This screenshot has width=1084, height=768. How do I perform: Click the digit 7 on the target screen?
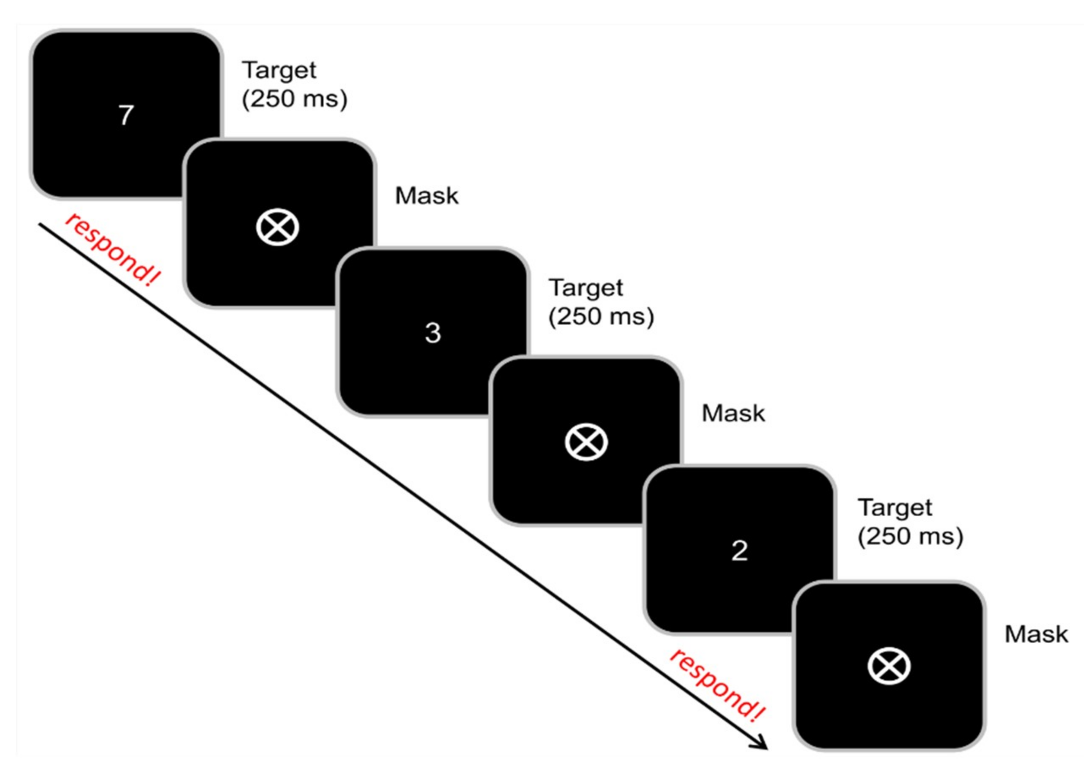tap(126, 115)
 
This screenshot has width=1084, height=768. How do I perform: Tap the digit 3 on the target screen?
tap(433, 332)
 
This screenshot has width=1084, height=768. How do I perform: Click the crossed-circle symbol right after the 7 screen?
tap(277, 228)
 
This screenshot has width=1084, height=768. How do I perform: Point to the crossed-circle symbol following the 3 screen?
tap(586, 443)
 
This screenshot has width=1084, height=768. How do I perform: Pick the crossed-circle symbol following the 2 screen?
tap(889, 666)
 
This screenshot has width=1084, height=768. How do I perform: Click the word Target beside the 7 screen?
tap(279, 71)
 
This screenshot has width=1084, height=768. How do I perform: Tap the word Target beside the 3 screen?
tap(586, 288)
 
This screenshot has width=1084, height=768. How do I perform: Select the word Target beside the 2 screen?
tap(895, 508)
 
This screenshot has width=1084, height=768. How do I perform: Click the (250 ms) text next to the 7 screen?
tap(295, 99)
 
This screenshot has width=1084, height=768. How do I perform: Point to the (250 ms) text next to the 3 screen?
tap(601, 316)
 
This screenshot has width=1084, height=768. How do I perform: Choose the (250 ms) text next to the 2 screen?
tap(911, 536)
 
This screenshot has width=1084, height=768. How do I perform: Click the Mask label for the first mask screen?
tap(427, 196)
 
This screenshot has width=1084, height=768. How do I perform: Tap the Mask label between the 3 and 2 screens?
tap(733, 413)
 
